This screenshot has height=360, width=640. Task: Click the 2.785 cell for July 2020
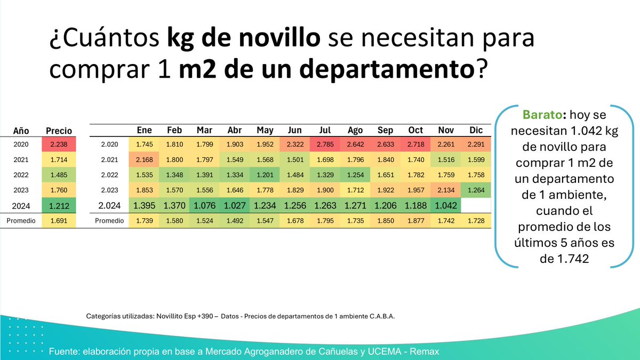tap(325, 144)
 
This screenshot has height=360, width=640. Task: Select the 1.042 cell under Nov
tap(446, 205)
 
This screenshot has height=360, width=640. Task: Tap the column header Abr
tap(235, 130)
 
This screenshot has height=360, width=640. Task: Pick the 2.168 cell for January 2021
tap(144, 159)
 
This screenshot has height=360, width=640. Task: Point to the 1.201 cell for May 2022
tap(265, 174)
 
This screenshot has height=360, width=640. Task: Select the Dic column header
tap(476, 130)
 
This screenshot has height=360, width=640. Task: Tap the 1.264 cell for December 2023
tap(476, 189)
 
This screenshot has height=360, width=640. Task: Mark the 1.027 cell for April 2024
tap(235, 205)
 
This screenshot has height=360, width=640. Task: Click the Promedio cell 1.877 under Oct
tap(415, 220)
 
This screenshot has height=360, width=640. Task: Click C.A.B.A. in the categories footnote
tap(382, 316)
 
